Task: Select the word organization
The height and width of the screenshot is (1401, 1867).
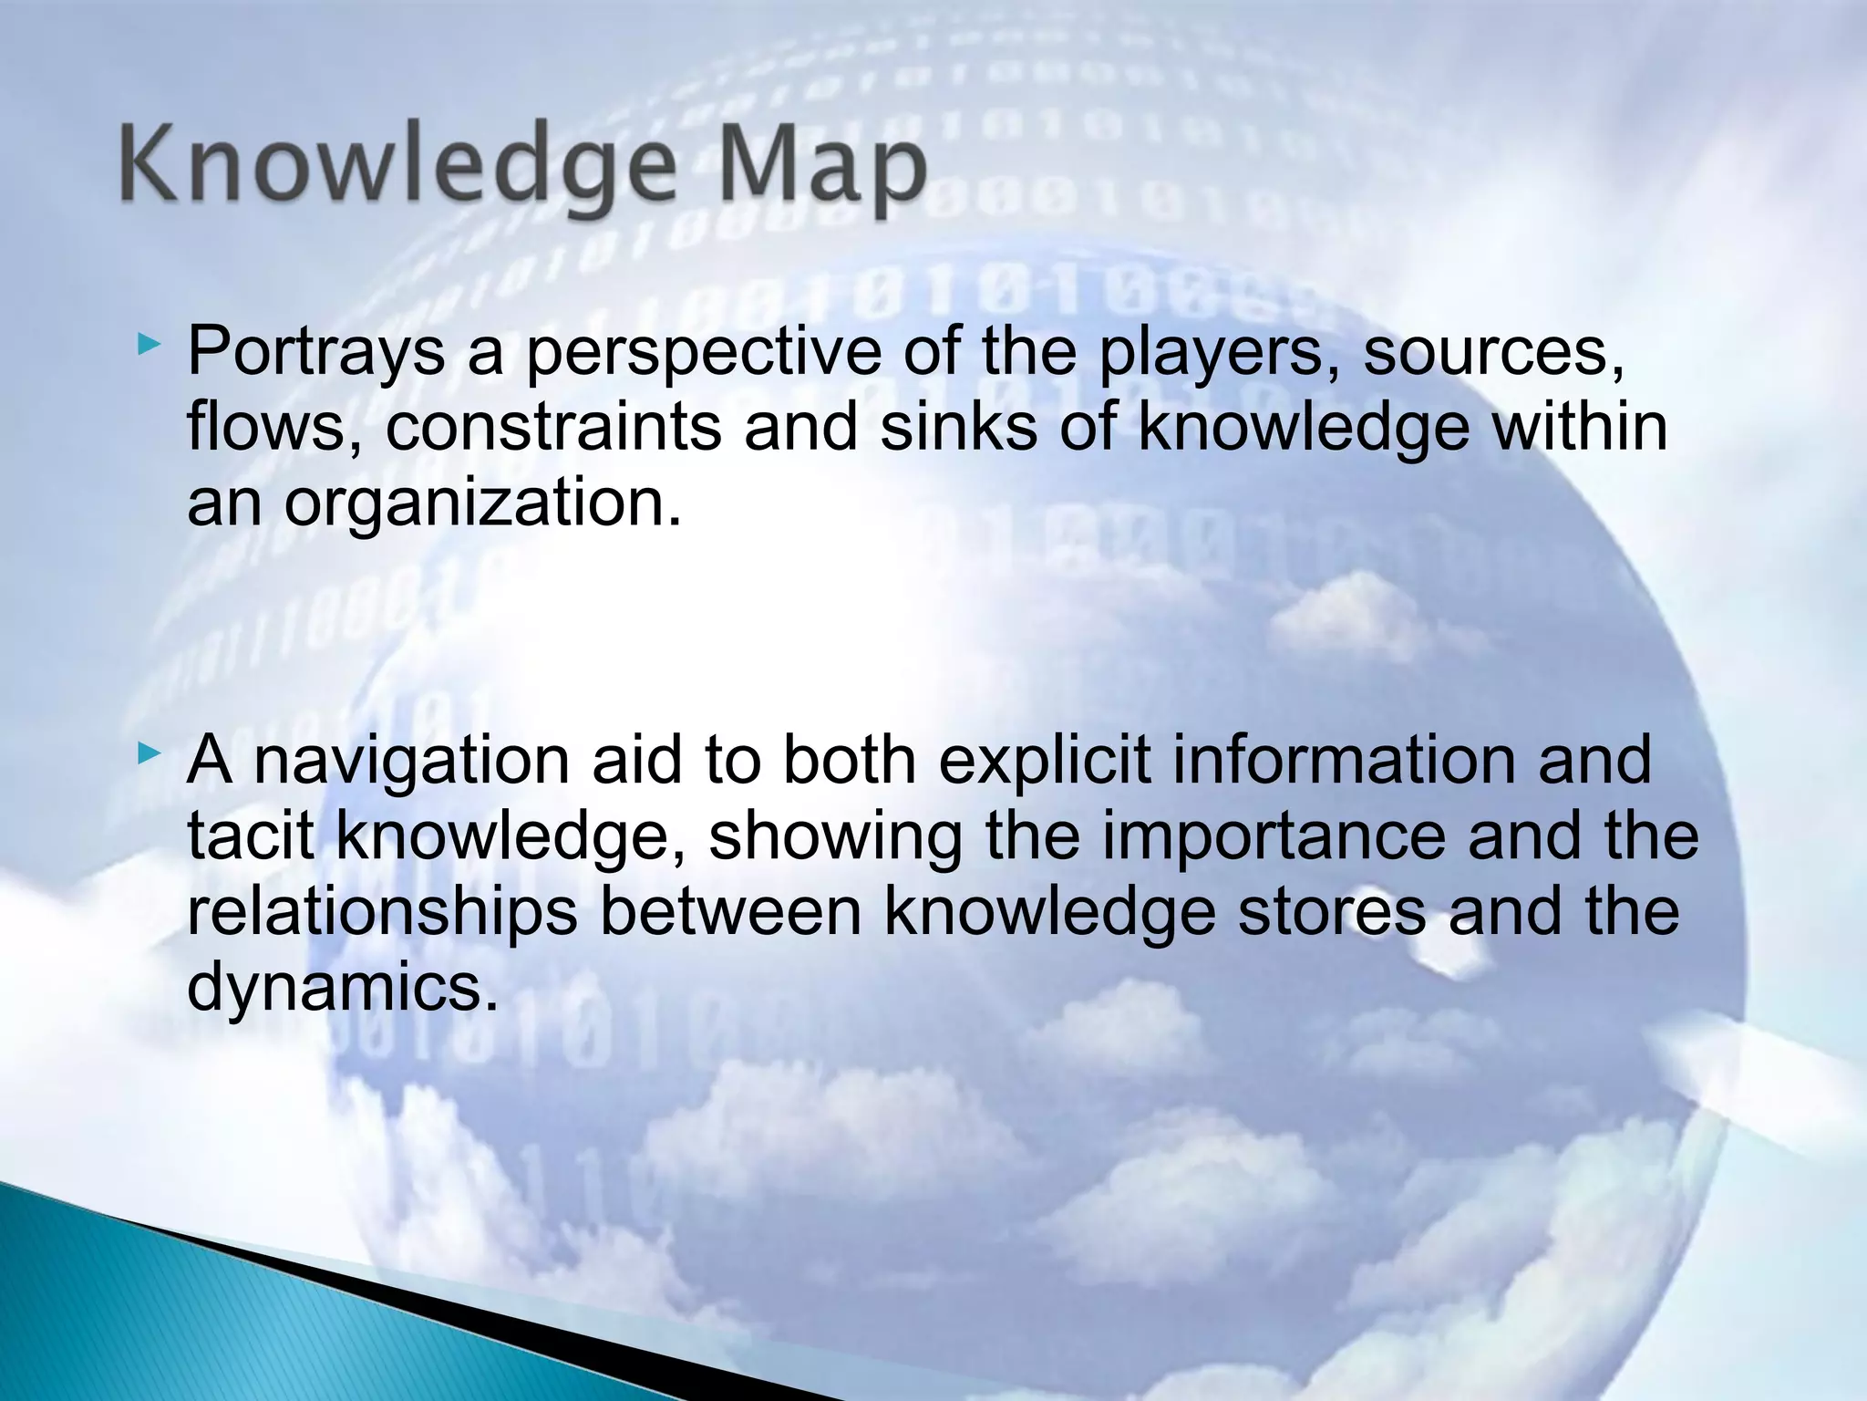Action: (482, 503)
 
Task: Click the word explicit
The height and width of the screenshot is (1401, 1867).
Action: (1045, 761)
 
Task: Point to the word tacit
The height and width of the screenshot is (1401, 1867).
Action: (250, 836)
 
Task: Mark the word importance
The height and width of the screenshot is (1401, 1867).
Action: (1273, 836)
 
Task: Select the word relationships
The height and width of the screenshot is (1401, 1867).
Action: (382, 912)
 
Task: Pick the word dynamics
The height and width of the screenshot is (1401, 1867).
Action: (343, 988)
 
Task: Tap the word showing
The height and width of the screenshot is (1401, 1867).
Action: (835, 836)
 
